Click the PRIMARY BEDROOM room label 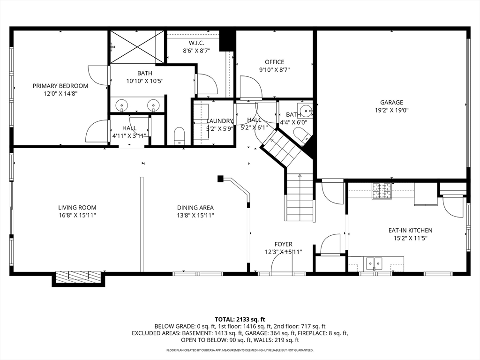[x=60, y=86]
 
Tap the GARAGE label [x=391, y=102]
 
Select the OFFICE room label [x=274, y=62]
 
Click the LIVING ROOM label [x=77, y=208]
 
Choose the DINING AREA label [x=195, y=208]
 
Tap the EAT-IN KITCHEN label [x=410, y=230]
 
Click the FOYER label [x=283, y=244]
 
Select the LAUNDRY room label [x=219, y=121]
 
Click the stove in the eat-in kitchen [x=382, y=190]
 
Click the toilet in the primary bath [x=180, y=136]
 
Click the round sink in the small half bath [x=306, y=111]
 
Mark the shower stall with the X [x=137, y=47]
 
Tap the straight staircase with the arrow [x=300, y=197]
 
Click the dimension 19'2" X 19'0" [x=391, y=111]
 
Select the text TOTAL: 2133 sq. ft [x=240, y=319]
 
